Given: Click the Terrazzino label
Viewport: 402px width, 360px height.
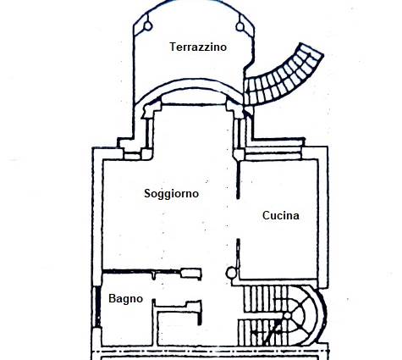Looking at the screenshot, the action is pyautogui.click(x=198, y=47).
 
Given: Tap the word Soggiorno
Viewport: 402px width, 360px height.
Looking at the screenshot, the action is pyautogui.click(x=172, y=194).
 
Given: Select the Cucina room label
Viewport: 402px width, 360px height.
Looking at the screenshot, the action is pyautogui.click(x=281, y=215).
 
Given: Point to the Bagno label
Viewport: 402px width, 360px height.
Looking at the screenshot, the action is pyautogui.click(x=126, y=299).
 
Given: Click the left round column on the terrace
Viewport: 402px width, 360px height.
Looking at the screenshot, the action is pyautogui.click(x=148, y=26).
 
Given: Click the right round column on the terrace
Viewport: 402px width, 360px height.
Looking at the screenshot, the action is pyautogui.click(x=240, y=26).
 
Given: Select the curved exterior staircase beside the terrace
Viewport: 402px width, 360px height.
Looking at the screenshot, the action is pyautogui.click(x=282, y=76).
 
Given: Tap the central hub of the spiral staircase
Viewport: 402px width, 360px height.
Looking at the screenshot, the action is pyautogui.click(x=287, y=316).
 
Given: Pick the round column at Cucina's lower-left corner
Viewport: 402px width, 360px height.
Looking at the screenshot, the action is pyautogui.click(x=231, y=273).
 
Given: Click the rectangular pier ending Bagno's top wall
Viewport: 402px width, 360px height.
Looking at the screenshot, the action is pyautogui.click(x=191, y=274).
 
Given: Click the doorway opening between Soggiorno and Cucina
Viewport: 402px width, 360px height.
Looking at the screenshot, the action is pyautogui.click(x=238, y=219).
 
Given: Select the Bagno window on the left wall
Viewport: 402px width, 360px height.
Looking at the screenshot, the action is pyautogui.click(x=97, y=307).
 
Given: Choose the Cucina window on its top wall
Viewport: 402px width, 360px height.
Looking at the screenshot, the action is pyautogui.click(x=273, y=153).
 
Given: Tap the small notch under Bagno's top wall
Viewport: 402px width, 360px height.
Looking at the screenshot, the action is pyautogui.click(x=153, y=275).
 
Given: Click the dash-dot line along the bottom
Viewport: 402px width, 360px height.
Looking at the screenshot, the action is pyautogui.click(x=210, y=352).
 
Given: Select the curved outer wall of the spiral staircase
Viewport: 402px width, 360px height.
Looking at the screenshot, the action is pyautogui.click(x=322, y=314).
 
